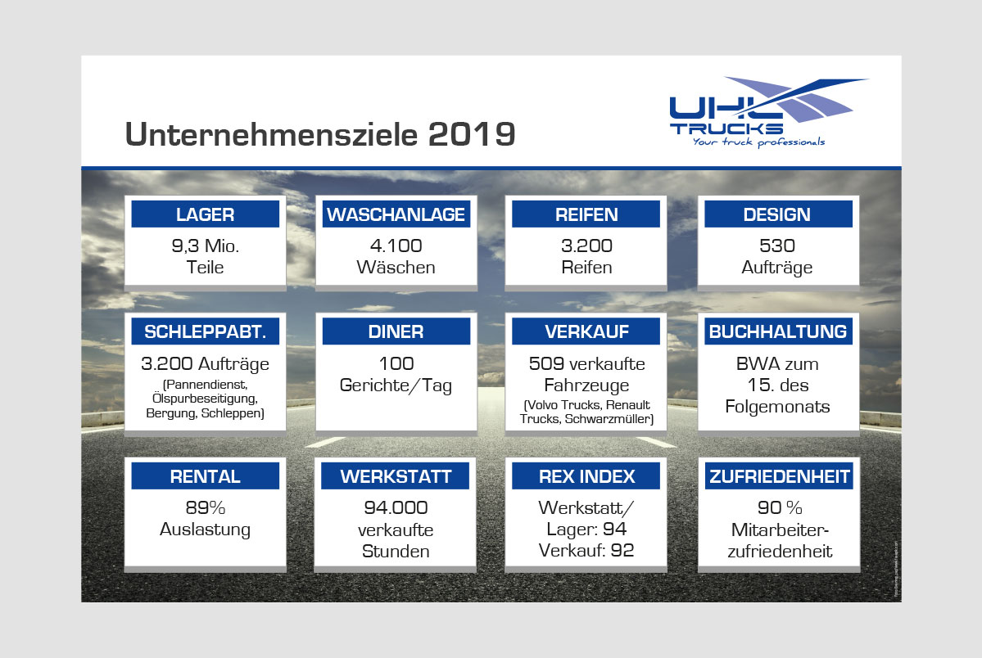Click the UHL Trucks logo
tap(768, 112)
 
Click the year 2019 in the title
tap(472, 134)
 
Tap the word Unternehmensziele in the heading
tap(271, 134)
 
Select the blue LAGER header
tap(206, 214)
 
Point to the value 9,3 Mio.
tap(206, 246)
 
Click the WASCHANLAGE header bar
tap(396, 214)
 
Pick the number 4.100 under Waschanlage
tap(396, 246)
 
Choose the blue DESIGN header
tap(778, 214)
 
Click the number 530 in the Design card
tap(777, 246)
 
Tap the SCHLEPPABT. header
tap(206, 331)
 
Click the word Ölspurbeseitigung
tap(205, 399)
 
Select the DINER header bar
tap(396, 331)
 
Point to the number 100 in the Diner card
tap(396, 363)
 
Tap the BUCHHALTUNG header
tap(778, 331)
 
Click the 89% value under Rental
tap(206, 507)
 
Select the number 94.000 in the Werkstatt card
tap(396, 507)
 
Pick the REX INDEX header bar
tap(586, 475)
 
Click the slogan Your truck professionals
tap(758, 142)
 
